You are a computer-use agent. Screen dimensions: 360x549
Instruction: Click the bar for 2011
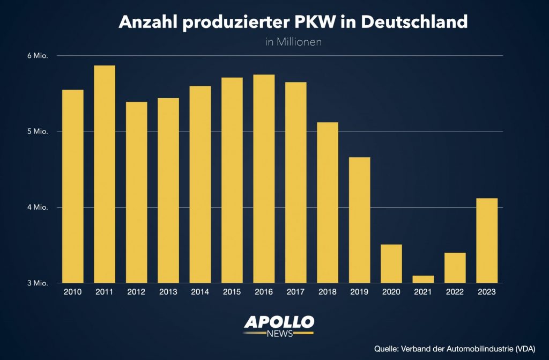click(x=105, y=174)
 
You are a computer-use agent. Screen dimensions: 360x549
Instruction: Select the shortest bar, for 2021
click(x=423, y=279)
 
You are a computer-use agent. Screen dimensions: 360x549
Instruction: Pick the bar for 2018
click(x=328, y=202)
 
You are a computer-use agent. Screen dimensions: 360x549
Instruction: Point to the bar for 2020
click(x=391, y=263)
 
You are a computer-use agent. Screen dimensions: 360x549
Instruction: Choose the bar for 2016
click(x=264, y=179)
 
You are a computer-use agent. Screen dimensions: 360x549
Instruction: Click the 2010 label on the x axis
click(x=73, y=292)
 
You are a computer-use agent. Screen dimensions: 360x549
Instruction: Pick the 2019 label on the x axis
click(x=359, y=292)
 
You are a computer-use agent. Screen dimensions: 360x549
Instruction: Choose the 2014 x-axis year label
click(x=200, y=292)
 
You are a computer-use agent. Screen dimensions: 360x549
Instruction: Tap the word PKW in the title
click(x=325, y=22)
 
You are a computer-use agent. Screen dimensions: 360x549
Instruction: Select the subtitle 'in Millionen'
click(x=293, y=42)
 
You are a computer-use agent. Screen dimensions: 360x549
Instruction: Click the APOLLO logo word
click(x=279, y=322)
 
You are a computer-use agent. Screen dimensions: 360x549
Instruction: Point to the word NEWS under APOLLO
click(x=279, y=334)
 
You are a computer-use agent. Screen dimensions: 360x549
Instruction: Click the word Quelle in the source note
click(x=386, y=348)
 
